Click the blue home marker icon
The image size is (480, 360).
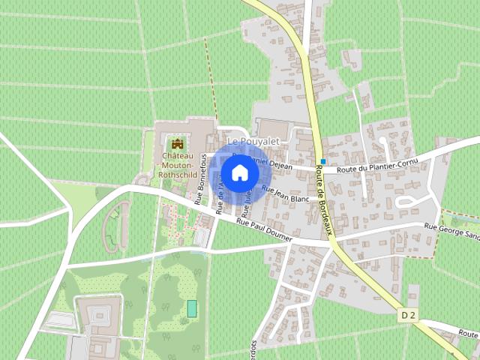pos(239,173)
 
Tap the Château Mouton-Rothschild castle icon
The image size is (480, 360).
pos(178,143)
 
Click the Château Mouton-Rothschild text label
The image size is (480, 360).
pos(178,164)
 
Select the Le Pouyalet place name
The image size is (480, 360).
pos(247,141)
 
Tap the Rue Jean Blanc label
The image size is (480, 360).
pos(286,194)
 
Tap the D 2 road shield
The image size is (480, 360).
pos(407,316)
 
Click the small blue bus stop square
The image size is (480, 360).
pos(322,161)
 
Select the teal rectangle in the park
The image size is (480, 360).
pos(192,307)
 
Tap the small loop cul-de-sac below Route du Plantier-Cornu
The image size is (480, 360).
pos(412,201)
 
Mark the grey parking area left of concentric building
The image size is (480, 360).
pos(59,320)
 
